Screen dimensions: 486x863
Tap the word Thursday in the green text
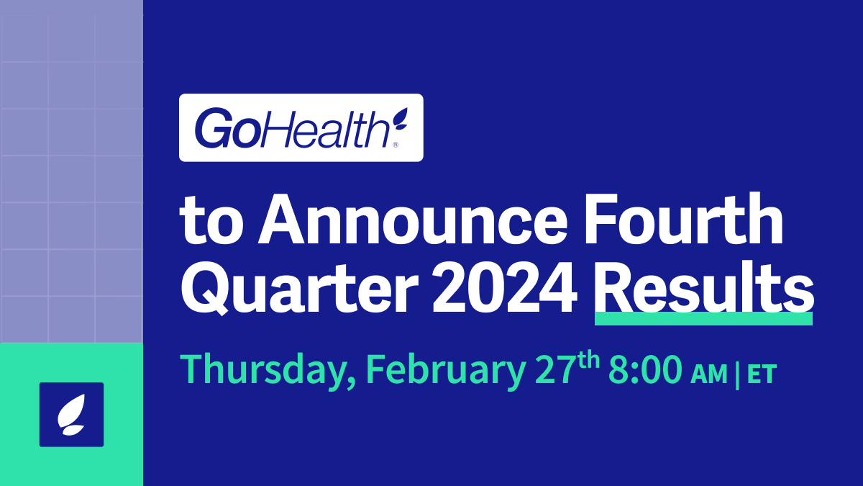(x=265, y=370)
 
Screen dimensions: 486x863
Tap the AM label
(x=708, y=374)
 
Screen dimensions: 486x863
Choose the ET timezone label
(x=762, y=374)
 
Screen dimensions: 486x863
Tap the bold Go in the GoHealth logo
(x=222, y=129)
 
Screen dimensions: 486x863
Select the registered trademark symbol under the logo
(x=394, y=145)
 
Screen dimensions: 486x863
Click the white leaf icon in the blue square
(x=71, y=415)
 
